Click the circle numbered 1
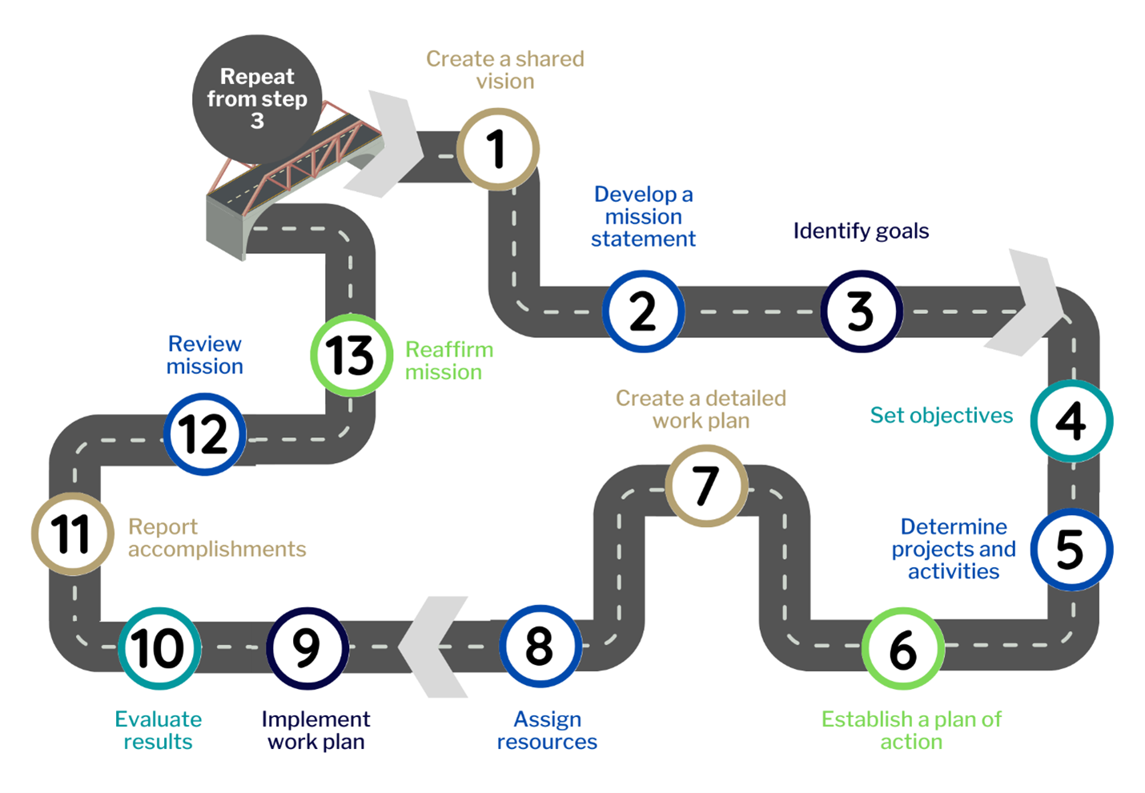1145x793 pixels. click(498, 149)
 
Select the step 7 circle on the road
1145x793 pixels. click(706, 485)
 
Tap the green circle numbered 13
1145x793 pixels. click(352, 355)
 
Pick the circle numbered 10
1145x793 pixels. click(159, 648)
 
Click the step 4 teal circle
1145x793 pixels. click(1071, 421)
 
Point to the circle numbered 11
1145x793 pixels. click(72, 533)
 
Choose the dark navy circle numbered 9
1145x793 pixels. click(307, 648)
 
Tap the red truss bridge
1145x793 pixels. click(296, 160)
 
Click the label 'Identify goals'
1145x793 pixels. click(861, 231)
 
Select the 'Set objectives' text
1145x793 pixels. click(941, 415)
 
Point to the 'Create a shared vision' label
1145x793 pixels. click(504, 70)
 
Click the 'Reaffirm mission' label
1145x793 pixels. click(448, 360)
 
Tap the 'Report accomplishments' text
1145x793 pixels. click(216, 537)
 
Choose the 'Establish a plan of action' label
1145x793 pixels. click(911, 730)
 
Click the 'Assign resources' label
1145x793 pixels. click(547, 730)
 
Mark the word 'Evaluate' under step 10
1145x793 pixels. click(158, 719)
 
